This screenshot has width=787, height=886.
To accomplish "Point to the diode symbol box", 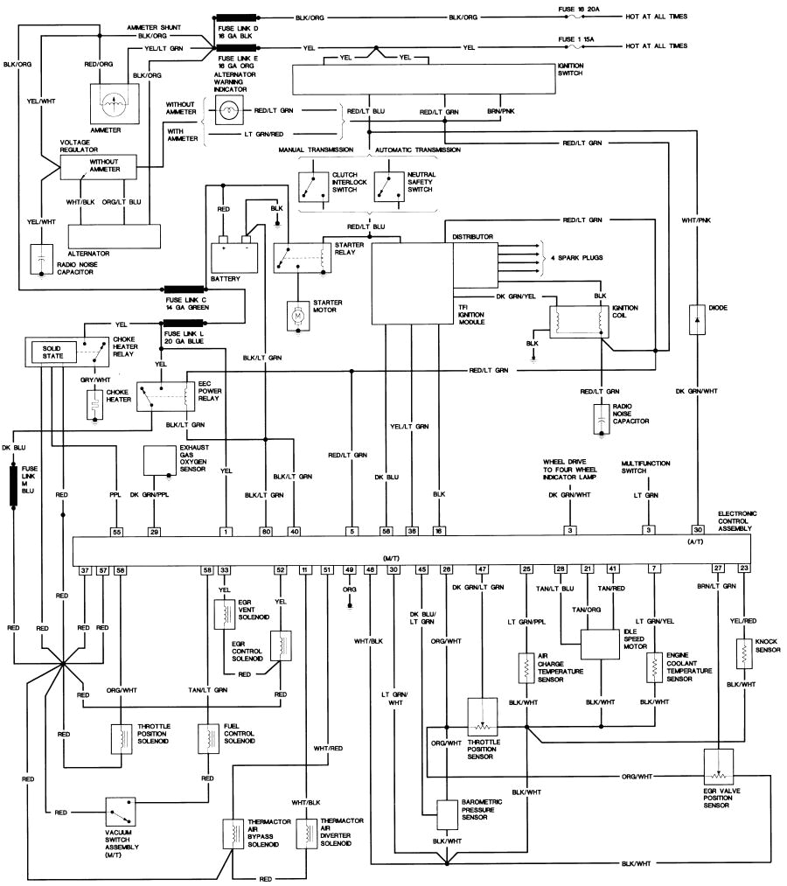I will click(698, 318).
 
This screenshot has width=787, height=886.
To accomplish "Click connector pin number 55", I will click(115, 531).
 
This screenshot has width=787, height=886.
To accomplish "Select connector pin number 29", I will click(155, 531).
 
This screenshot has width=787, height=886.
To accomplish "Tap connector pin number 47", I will click(482, 569).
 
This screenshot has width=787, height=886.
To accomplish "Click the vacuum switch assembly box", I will click(124, 813).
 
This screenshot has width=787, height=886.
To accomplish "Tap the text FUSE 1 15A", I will click(581, 39).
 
